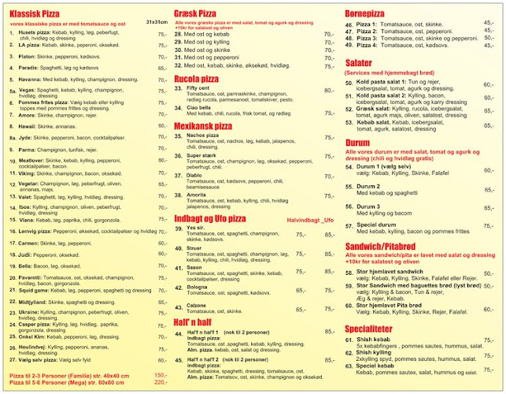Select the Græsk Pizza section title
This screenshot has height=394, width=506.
pyautogui.click(x=196, y=14)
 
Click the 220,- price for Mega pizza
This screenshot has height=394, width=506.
pyautogui.click(x=161, y=382)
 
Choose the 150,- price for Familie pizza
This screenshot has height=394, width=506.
pyautogui.click(x=161, y=375)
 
